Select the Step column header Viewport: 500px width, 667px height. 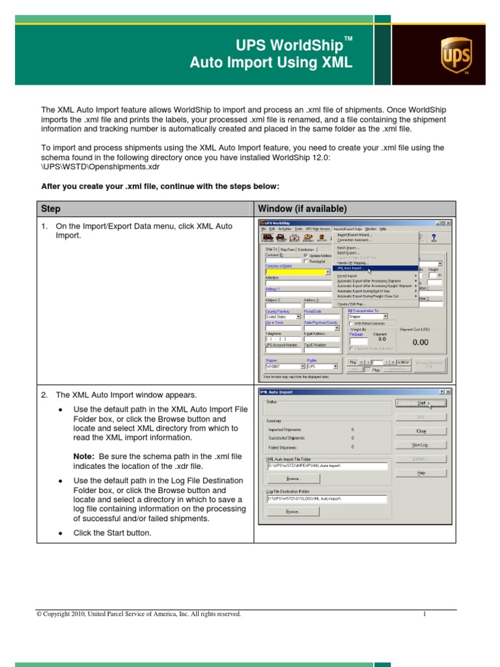pyautogui.click(x=51, y=209)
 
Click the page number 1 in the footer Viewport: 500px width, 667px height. pyautogui.click(x=424, y=614)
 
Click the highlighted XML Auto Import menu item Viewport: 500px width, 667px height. pyautogui.click(x=351, y=268)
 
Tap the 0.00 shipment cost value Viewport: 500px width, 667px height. pyautogui.click(x=420, y=342)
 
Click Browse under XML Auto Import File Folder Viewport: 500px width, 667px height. pyautogui.click(x=293, y=478)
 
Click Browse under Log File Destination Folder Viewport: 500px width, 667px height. pyautogui.click(x=293, y=512)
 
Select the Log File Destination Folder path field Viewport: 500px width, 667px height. pyautogui.click(x=326, y=499)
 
